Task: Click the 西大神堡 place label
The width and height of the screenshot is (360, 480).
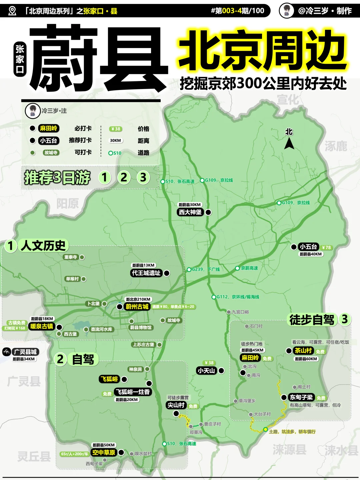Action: click(x=190, y=212)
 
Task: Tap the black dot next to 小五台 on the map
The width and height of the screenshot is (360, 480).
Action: click(x=294, y=247)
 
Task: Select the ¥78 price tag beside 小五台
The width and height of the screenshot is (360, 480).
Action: click(x=326, y=247)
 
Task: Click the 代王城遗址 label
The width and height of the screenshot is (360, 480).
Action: click(x=146, y=273)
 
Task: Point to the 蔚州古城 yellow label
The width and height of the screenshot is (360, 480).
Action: click(x=137, y=307)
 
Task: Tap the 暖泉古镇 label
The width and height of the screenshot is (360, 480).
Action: click(x=42, y=326)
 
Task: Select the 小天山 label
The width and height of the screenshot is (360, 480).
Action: click(x=206, y=371)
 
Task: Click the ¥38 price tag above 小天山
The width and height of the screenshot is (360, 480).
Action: click(x=209, y=363)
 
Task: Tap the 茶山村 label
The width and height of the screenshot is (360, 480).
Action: click(x=303, y=351)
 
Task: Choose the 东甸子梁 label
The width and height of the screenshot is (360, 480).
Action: click(x=301, y=397)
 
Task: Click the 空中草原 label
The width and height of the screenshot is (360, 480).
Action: click(x=104, y=452)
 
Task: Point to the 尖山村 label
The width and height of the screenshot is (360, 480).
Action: click(x=176, y=405)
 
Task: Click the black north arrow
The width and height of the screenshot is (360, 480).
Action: click(x=289, y=144)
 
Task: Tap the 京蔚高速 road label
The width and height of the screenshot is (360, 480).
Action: click(x=249, y=268)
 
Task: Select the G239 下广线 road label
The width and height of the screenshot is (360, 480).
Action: click(x=205, y=269)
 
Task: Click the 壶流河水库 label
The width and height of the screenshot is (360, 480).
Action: click(x=101, y=329)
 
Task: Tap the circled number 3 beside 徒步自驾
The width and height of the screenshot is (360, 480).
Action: click(x=345, y=319)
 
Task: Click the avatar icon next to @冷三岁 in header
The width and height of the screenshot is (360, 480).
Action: click(x=286, y=11)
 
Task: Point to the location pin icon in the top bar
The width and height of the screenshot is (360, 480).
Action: click(x=12, y=11)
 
